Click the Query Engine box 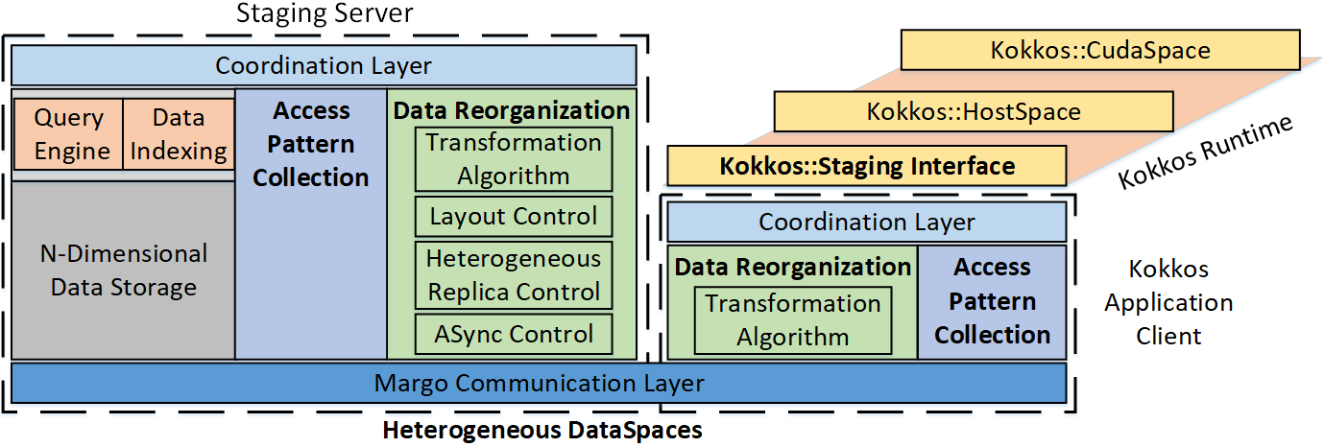pyautogui.click(x=68, y=134)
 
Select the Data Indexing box pyautogui.click(x=178, y=134)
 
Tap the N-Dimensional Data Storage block pyautogui.click(x=123, y=271)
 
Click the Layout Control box pyautogui.click(x=513, y=216)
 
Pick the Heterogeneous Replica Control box pyautogui.click(x=513, y=274)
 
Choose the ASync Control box pyautogui.click(x=513, y=335)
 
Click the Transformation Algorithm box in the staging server pyautogui.click(x=513, y=159)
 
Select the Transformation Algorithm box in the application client pyautogui.click(x=792, y=320)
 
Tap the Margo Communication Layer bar pyautogui.click(x=539, y=384)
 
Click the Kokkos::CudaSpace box pyautogui.click(x=1099, y=50)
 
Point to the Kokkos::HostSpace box pyautogui.click(x=973, y=111)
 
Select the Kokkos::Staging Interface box pyautogui.click(x=866, y=166)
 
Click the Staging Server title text pyautogui.click(x=325, y=14)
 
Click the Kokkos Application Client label pyautogui.click(x=1168, y=302)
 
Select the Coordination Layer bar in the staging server pyautogui.click(x=324, y=66)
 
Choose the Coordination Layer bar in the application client pyautogui.click(x=866, y=223)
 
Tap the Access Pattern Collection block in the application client pyautogui.click(x=992, y=302)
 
